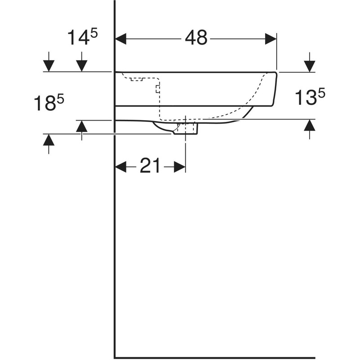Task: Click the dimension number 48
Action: tap(196, 38)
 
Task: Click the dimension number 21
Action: tap(150, 166)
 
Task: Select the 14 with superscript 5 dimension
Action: tap(82, 37)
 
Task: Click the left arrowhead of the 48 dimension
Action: tap(121, 39)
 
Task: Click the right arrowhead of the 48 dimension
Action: tap(271, 39)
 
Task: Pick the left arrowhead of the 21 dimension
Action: tap(121, 166)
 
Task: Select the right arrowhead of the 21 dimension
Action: tap(180, 166)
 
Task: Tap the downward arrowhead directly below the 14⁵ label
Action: tap(82, 66)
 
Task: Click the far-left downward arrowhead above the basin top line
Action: tap(49, 66)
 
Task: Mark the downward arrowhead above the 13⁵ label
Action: tap(310, 66)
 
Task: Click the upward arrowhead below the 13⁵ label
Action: tap(310, 125)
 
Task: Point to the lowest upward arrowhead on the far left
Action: tap(49, 140)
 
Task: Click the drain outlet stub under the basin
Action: tap(186, 129)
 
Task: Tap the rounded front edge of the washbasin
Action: tap(275, 89)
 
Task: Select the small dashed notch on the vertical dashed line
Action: tap(157, 89)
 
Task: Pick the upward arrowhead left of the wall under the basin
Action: tap(82, 126)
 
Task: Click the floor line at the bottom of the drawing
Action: tap(215, 358)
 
